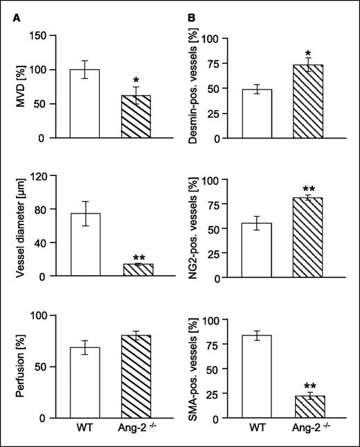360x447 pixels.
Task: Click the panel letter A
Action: [x=17, y=19]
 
